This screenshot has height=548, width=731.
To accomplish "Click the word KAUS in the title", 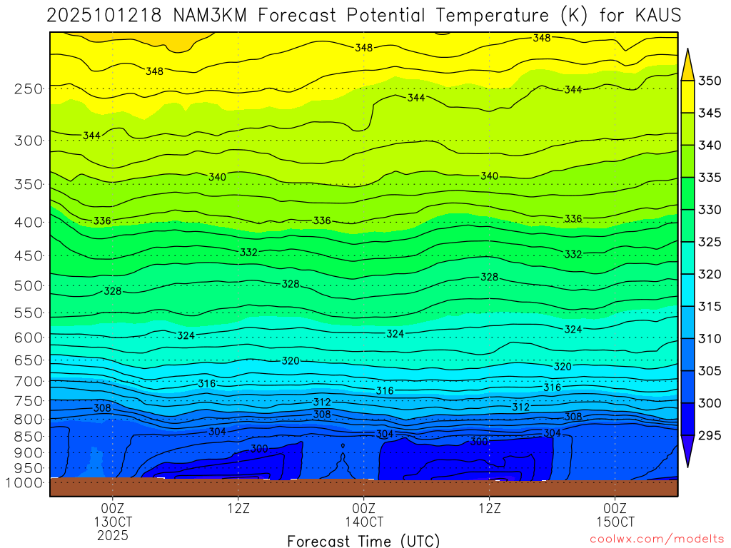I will [655, 15].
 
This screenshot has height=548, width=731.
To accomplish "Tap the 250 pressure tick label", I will [29, 89].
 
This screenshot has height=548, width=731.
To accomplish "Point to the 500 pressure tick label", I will [29, 286].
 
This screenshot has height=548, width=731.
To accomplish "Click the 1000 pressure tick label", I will [26, 482].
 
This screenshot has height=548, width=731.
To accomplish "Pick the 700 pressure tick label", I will [29, 381].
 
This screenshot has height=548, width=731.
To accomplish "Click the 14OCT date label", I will [364, 521].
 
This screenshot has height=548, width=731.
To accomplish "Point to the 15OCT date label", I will [615, 521].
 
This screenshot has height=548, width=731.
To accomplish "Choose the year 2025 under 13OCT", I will [113, 534].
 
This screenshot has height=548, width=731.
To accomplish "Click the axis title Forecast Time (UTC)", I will [363, 540].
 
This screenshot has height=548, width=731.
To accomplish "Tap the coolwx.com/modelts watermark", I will [656, 539].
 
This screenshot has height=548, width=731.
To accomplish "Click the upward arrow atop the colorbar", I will [687, 63].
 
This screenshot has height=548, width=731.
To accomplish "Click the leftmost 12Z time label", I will [238, 508].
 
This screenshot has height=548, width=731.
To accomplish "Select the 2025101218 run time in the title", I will [106, 15].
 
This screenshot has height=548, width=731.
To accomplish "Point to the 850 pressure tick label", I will [29, 436].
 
